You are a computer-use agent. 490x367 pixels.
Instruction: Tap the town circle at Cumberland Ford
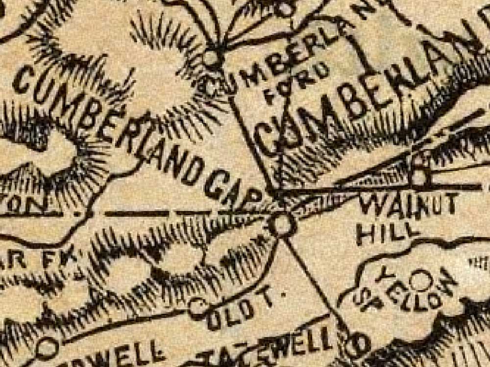click(x=212, y=58)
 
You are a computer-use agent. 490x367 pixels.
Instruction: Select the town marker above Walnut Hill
click(x=419, y=177)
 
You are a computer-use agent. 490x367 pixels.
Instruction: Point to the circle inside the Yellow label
click(x=420, y=280)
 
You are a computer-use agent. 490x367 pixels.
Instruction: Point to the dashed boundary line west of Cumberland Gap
click(x=147, y=214)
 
